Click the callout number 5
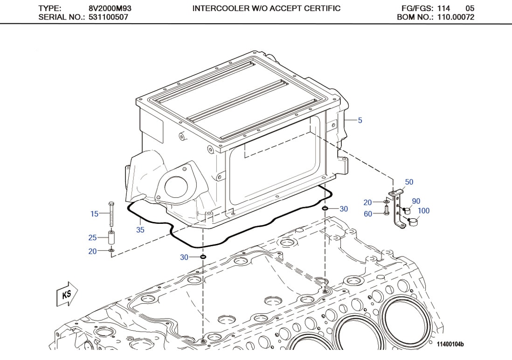360,120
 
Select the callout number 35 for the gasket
140,230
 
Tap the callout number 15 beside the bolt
95,214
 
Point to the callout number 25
92,238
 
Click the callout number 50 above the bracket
409,182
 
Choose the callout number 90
416,201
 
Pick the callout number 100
423,211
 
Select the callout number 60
368,214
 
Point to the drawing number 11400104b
450,345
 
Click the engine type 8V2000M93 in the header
108,8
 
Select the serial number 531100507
108,17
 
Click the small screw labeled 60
386,212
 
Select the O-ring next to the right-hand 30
325,208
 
